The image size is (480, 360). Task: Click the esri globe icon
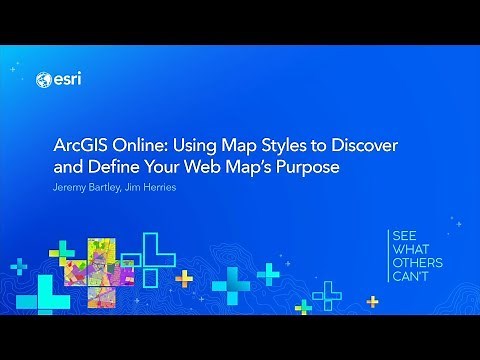(42, 80)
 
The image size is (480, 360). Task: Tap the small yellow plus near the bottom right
(372, 300)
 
